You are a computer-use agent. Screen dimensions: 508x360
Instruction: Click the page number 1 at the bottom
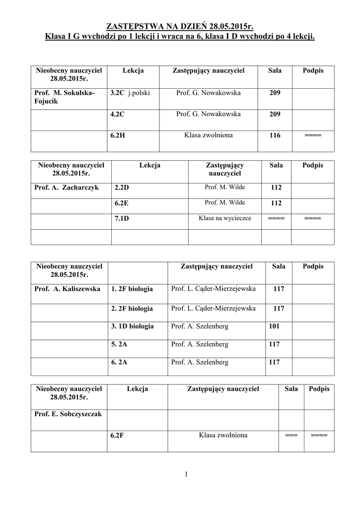click(x=186, y=475)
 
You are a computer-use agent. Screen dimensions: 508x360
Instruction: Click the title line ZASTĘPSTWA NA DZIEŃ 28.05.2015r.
click(x=180, y=26)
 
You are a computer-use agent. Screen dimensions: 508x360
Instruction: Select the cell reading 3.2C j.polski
click(x=130, y=93)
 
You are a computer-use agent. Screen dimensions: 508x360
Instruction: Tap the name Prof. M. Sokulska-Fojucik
click(x=64, y=97)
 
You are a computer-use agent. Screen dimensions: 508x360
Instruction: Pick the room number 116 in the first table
click(x=275, y=135)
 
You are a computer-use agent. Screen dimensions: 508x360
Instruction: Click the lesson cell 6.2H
click(x=118, y=135)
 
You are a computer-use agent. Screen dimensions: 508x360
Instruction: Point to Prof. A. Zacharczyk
click(x=67, y=188)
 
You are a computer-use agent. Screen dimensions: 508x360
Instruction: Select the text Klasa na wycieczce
click(x=224, y=218)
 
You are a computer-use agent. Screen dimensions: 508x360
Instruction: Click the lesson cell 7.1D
click(x=122, y=218)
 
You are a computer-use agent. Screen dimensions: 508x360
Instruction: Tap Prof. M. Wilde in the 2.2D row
click(x=224, y=188)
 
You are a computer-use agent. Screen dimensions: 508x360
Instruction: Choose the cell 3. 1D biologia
click(x=133, y=326)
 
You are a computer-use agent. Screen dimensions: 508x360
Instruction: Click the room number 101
click(x=274, y=326)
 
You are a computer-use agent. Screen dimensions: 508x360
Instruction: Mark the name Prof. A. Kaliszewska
click(x=68, y=289)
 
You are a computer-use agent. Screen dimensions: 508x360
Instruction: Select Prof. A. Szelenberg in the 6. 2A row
click(x=200, y=362)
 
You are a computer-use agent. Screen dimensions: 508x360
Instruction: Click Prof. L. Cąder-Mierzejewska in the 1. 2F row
click(x=213, y=289)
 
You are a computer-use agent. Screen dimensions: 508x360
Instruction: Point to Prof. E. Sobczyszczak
click(x=68, y=414)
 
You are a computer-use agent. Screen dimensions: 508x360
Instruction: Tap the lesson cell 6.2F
click(x=118, y=436)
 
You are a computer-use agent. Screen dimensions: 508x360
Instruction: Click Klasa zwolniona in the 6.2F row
click(x=222, y=436)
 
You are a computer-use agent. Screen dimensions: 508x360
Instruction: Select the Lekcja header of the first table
click(x=133, y=71)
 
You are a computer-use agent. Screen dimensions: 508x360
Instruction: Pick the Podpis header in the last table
click(x=319, y=389)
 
